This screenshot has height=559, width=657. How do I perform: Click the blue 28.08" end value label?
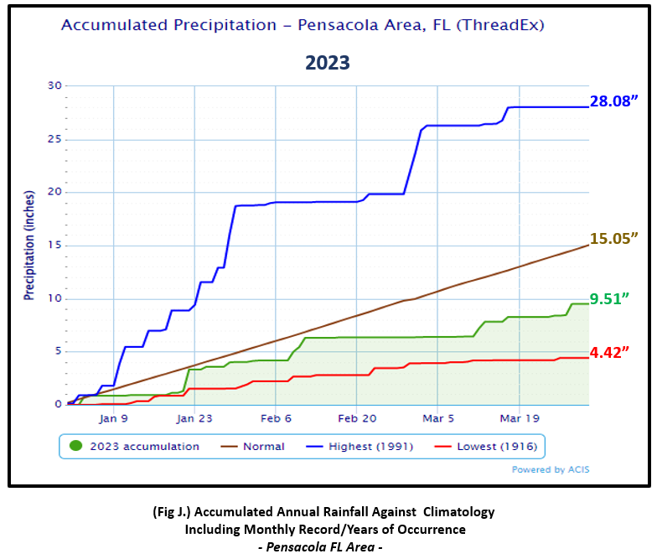618,102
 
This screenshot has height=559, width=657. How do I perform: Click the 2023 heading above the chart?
327,63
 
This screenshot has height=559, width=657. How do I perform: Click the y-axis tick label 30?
55,85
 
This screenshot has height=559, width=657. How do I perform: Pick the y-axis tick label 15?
55,245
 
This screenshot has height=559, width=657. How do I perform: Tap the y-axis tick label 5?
59,351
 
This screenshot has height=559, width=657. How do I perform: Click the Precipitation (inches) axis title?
28,245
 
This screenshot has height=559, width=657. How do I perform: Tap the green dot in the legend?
78,446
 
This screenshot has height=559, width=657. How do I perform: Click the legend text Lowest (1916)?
496,447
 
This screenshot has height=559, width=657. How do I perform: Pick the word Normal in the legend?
263,447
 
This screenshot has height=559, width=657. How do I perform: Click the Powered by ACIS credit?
551,469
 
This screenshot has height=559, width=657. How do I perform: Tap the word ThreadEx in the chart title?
503,25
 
